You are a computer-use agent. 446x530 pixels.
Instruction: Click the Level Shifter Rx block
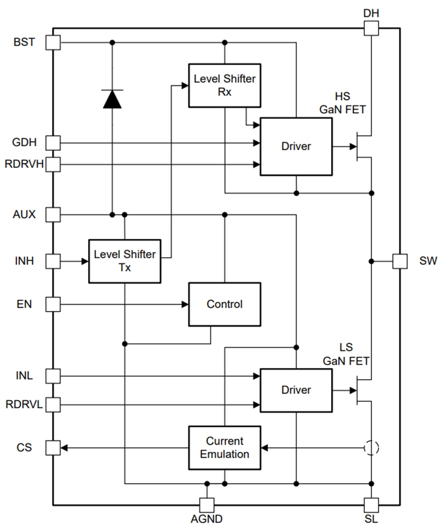pos(224,85)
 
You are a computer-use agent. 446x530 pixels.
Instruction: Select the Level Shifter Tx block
pos(125,261)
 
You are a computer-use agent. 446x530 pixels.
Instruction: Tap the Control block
pos(224,305)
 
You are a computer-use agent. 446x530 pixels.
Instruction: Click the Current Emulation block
pos(224,448)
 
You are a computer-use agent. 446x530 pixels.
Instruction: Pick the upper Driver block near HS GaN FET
pos(296,146)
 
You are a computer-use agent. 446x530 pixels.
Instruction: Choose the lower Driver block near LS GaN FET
pos(296,390)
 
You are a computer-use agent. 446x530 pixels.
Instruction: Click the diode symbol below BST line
pos(112,99)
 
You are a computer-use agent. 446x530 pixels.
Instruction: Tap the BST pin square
pos(53,42)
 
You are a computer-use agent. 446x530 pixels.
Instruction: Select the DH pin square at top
pos(371,28)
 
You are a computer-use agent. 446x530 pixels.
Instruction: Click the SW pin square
pos(400,261)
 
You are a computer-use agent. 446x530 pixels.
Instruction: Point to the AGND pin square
pos(207,505)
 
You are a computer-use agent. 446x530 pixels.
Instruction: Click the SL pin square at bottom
pos(371,505)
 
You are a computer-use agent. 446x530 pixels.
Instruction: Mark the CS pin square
pos(53,448)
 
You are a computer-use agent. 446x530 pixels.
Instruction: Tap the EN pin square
pos(53,305)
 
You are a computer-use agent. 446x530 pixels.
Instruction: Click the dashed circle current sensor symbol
pos(371,448)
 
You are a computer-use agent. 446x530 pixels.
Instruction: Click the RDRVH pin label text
pos(24,165)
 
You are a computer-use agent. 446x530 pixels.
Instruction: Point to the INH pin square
pos(53,261)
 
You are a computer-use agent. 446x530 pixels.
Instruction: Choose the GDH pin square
pos(53,143)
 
